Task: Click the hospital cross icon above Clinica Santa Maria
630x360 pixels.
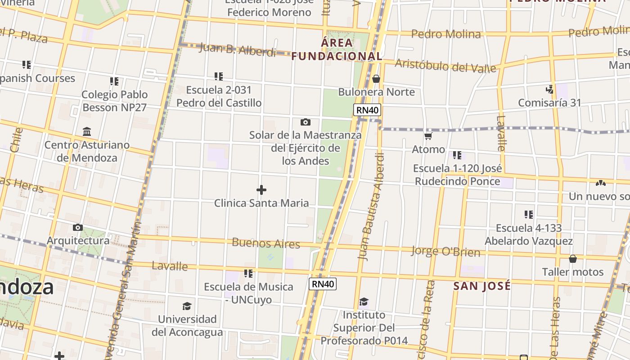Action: (261, 190)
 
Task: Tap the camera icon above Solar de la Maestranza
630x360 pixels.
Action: (306, 122)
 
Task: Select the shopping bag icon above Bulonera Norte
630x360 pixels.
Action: (376, 79)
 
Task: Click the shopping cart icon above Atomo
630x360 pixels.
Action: (428, 136)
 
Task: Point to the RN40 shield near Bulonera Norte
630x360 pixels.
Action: (367, 110)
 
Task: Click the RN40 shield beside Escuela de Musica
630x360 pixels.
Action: (323, 283)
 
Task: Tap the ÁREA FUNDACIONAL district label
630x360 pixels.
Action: (337, 49)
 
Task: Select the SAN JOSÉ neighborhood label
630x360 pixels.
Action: (482, 286)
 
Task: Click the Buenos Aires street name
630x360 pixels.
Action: (265, 243)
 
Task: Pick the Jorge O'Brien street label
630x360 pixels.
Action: (445, 251)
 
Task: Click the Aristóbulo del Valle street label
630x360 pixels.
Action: (445, 66)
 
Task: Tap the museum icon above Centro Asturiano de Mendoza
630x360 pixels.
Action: (87, 132)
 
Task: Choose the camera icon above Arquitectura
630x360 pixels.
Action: (78, 228)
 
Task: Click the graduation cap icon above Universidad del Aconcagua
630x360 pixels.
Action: (187, 306)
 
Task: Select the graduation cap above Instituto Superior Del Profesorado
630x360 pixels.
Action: (364, 301)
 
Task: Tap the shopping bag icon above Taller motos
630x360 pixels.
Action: (572, 259)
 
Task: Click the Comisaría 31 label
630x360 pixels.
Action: (549, 103)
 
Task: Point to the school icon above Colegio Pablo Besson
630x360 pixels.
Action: (114, 81)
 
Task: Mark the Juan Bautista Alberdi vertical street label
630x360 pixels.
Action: (371, 207)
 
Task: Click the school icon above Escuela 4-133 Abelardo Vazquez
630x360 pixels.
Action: (528, 215)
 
